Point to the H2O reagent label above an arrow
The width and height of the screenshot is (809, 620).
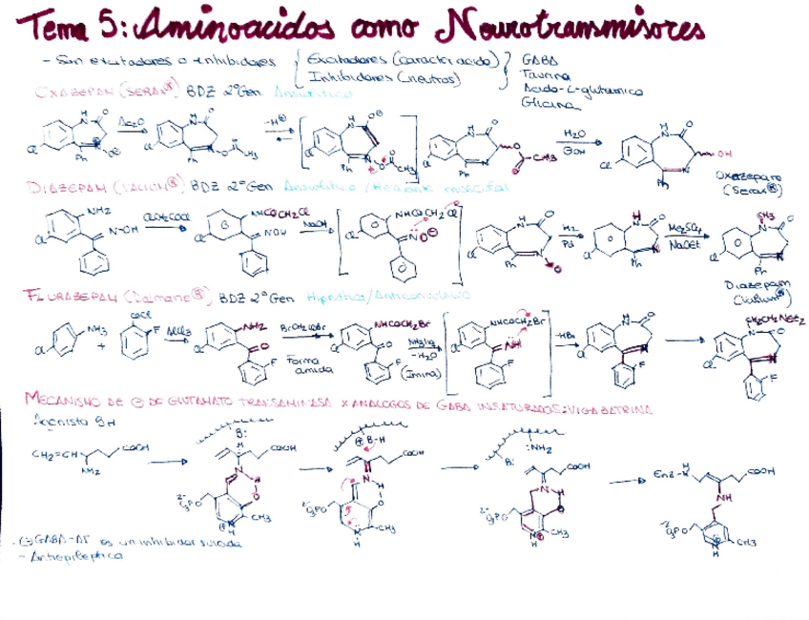(573, 135)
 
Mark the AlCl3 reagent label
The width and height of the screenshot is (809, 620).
(177, 328)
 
